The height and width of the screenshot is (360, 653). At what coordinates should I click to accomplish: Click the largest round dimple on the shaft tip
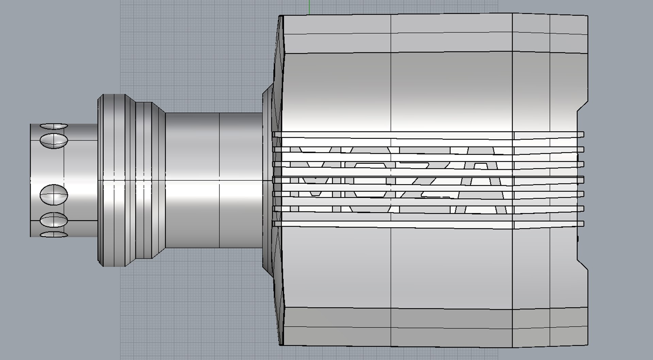(54, 195)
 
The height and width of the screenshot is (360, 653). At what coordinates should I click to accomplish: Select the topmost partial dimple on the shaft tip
(54, 126)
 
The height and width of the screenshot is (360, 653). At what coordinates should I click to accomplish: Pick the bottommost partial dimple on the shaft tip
(54, 234)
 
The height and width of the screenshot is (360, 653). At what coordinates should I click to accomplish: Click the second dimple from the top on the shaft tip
(54, 140)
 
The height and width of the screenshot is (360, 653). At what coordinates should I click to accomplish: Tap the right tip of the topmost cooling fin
(582, 134)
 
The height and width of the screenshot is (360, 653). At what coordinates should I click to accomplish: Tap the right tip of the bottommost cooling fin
(582, 224)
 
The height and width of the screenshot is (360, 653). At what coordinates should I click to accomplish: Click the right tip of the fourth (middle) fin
(582, 179)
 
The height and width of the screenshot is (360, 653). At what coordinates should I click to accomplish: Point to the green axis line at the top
(309, 7)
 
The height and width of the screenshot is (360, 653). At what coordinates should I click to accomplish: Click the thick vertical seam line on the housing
(512, 85)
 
